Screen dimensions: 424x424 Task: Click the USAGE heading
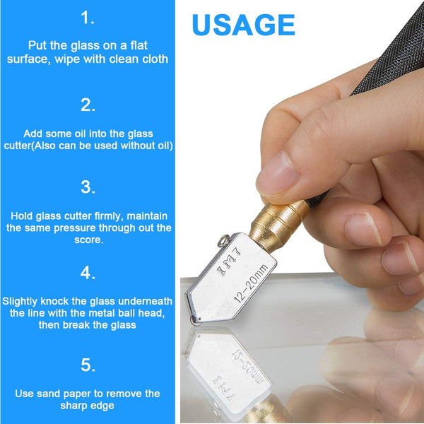[x=243, y=25]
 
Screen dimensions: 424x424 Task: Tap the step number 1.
[x=88, y=18]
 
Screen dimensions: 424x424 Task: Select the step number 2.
[x=88, y=105]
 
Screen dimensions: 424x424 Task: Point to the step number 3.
[x=88, y=187]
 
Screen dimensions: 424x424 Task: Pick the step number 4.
[x=88, y=272]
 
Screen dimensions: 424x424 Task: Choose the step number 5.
[x=88, y=365]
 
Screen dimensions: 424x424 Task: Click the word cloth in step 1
[x=155, y=59]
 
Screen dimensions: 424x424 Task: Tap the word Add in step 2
[x=33, y=134]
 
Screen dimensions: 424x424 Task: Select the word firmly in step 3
[x=109, y=216]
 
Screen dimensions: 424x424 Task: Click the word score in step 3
[x=89, y=240]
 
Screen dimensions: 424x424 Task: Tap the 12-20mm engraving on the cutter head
[x=251, y=283]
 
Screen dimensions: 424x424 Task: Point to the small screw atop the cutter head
[x=224, y=240]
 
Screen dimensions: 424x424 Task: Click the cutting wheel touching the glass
[x=195, y=321]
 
